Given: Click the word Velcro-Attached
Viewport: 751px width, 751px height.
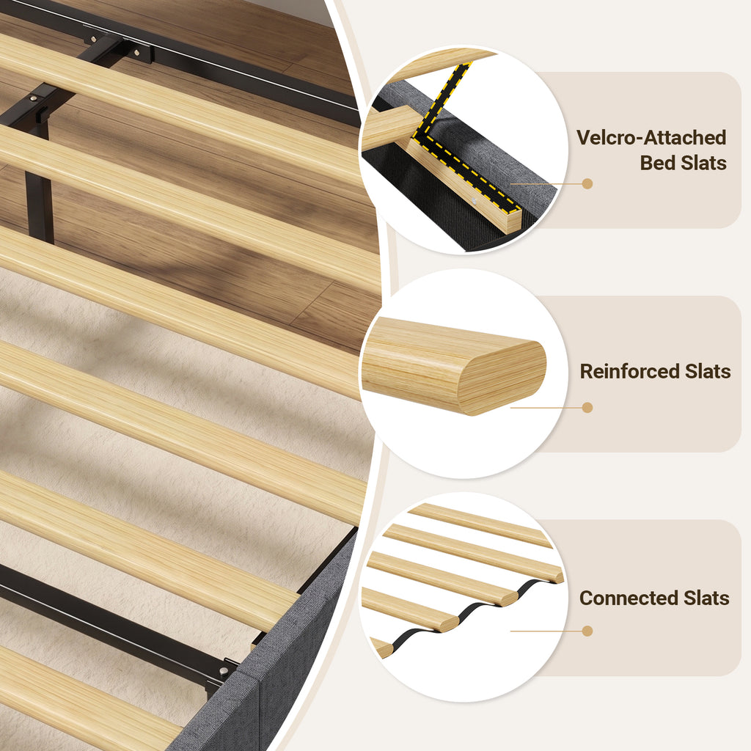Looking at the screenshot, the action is (x=651, y=137).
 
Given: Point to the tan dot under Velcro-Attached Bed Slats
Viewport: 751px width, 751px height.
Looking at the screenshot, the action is (x=587, y=183).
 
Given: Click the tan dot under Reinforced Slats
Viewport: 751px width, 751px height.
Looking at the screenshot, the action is (x=587, y=408).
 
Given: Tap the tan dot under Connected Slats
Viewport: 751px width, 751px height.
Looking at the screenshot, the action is (x=587, y=631).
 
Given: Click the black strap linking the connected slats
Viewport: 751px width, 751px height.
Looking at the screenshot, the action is (x=472, y=607).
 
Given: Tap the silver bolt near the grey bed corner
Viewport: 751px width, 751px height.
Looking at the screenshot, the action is (x=224, y=670).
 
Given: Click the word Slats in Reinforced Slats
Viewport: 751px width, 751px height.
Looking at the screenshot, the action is (x=708, y=371).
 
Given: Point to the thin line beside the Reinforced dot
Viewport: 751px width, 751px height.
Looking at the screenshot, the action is (x=546, y=408).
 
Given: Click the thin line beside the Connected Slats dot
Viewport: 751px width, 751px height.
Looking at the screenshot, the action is (x=546, y=631).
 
